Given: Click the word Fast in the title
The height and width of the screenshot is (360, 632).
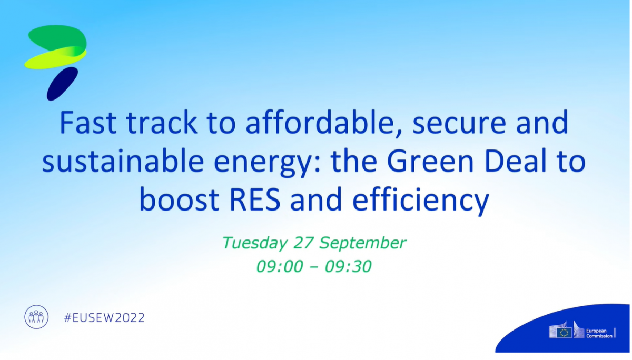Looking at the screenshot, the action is pos(88,123).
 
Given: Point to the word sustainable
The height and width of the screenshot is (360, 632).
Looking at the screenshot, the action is pos(123,161).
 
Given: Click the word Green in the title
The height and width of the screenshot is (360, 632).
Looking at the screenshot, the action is pos(430,161).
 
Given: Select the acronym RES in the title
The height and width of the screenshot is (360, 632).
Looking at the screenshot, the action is pos(255,199).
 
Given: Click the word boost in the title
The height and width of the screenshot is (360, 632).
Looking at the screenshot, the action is pos(180,199).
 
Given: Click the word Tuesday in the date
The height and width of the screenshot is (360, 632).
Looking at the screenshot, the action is pos(255,243).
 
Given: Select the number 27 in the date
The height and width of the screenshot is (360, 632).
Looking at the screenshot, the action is pos(303,243).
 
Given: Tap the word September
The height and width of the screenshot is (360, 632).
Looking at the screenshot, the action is pos(363,243).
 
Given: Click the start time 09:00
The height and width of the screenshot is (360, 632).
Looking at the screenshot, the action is pos(280,266).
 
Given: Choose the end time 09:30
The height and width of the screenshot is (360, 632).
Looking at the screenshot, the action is pos(348,266).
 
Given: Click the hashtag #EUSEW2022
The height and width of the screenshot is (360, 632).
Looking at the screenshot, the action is pos(104,318).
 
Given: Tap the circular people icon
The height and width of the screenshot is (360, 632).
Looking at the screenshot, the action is pos(36,317).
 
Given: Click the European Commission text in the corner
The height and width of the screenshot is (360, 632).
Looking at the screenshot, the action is pos(599,333).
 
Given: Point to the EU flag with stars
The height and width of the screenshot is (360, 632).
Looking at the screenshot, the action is pos(564,333).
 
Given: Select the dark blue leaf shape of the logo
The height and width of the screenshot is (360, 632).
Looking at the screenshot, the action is pos(62,84).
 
